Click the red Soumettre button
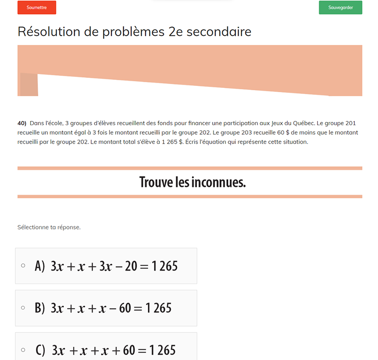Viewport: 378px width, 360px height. [x=36, y=8]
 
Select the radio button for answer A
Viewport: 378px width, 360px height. [x=23, y=266]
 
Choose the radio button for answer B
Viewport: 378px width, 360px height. [x=23, y=308]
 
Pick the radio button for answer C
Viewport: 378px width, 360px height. [x=23, y=350]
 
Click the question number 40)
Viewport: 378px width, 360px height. [x=22, y=123]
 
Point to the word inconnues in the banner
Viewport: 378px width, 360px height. [x=218, y=182]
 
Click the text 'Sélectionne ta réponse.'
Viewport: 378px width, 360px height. [x=49, y=227]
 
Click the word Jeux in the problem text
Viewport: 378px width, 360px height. [x=273, y=123]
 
